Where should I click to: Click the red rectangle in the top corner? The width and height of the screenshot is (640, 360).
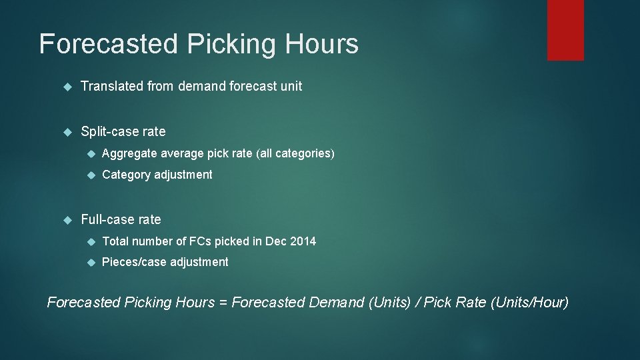coord(565,30)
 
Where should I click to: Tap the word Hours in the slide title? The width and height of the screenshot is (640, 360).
coord(322,44)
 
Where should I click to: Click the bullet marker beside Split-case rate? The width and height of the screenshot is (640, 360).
coord(67,132)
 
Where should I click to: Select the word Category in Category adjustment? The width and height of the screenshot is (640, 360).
coord(127,175)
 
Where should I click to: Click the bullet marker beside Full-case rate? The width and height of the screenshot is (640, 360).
coord(67,220)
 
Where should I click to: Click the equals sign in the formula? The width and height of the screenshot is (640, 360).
coord(223,303)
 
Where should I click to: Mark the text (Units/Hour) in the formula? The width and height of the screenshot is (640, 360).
coord(529,303)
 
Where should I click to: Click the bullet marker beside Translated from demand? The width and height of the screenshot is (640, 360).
coord(67,87)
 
